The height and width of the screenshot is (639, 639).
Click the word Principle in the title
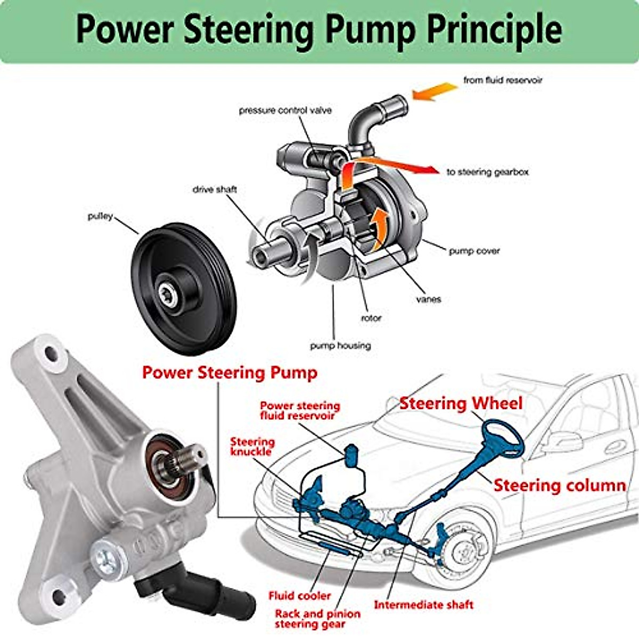click(495, 30)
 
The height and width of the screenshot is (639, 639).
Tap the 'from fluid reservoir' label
click(502, 80)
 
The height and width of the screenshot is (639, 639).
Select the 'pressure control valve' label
click(285, 110)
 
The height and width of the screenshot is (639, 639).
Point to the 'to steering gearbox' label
click(487, 172)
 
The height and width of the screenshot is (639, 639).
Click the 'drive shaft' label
click(215, 189)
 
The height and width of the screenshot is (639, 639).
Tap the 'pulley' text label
click(100, 217)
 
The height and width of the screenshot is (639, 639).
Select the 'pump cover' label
click(474, 251)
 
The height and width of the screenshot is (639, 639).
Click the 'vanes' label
click(429, 299)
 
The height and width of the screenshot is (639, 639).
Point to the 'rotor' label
click(371, 318)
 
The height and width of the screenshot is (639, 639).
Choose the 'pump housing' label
click(340, 346)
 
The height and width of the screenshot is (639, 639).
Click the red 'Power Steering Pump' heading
click(230, 372)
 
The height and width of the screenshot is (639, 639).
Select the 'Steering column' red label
click(559, 485)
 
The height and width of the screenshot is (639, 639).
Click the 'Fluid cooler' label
click(299, 595)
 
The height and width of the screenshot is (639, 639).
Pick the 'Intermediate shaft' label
click(423, 605)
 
